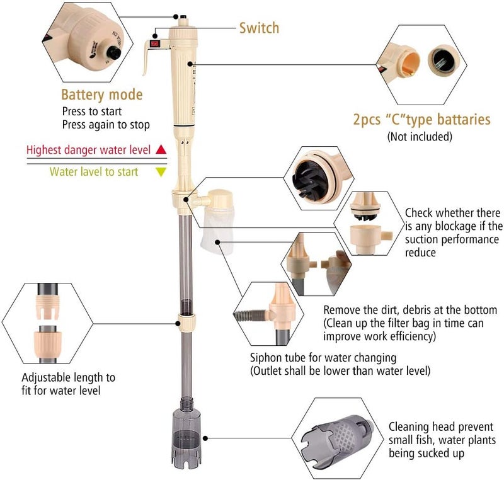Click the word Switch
[258, 28]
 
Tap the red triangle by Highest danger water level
[161, 150]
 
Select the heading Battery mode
[101, 95]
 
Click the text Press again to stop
[106, 125]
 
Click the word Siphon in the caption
[265, 358]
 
